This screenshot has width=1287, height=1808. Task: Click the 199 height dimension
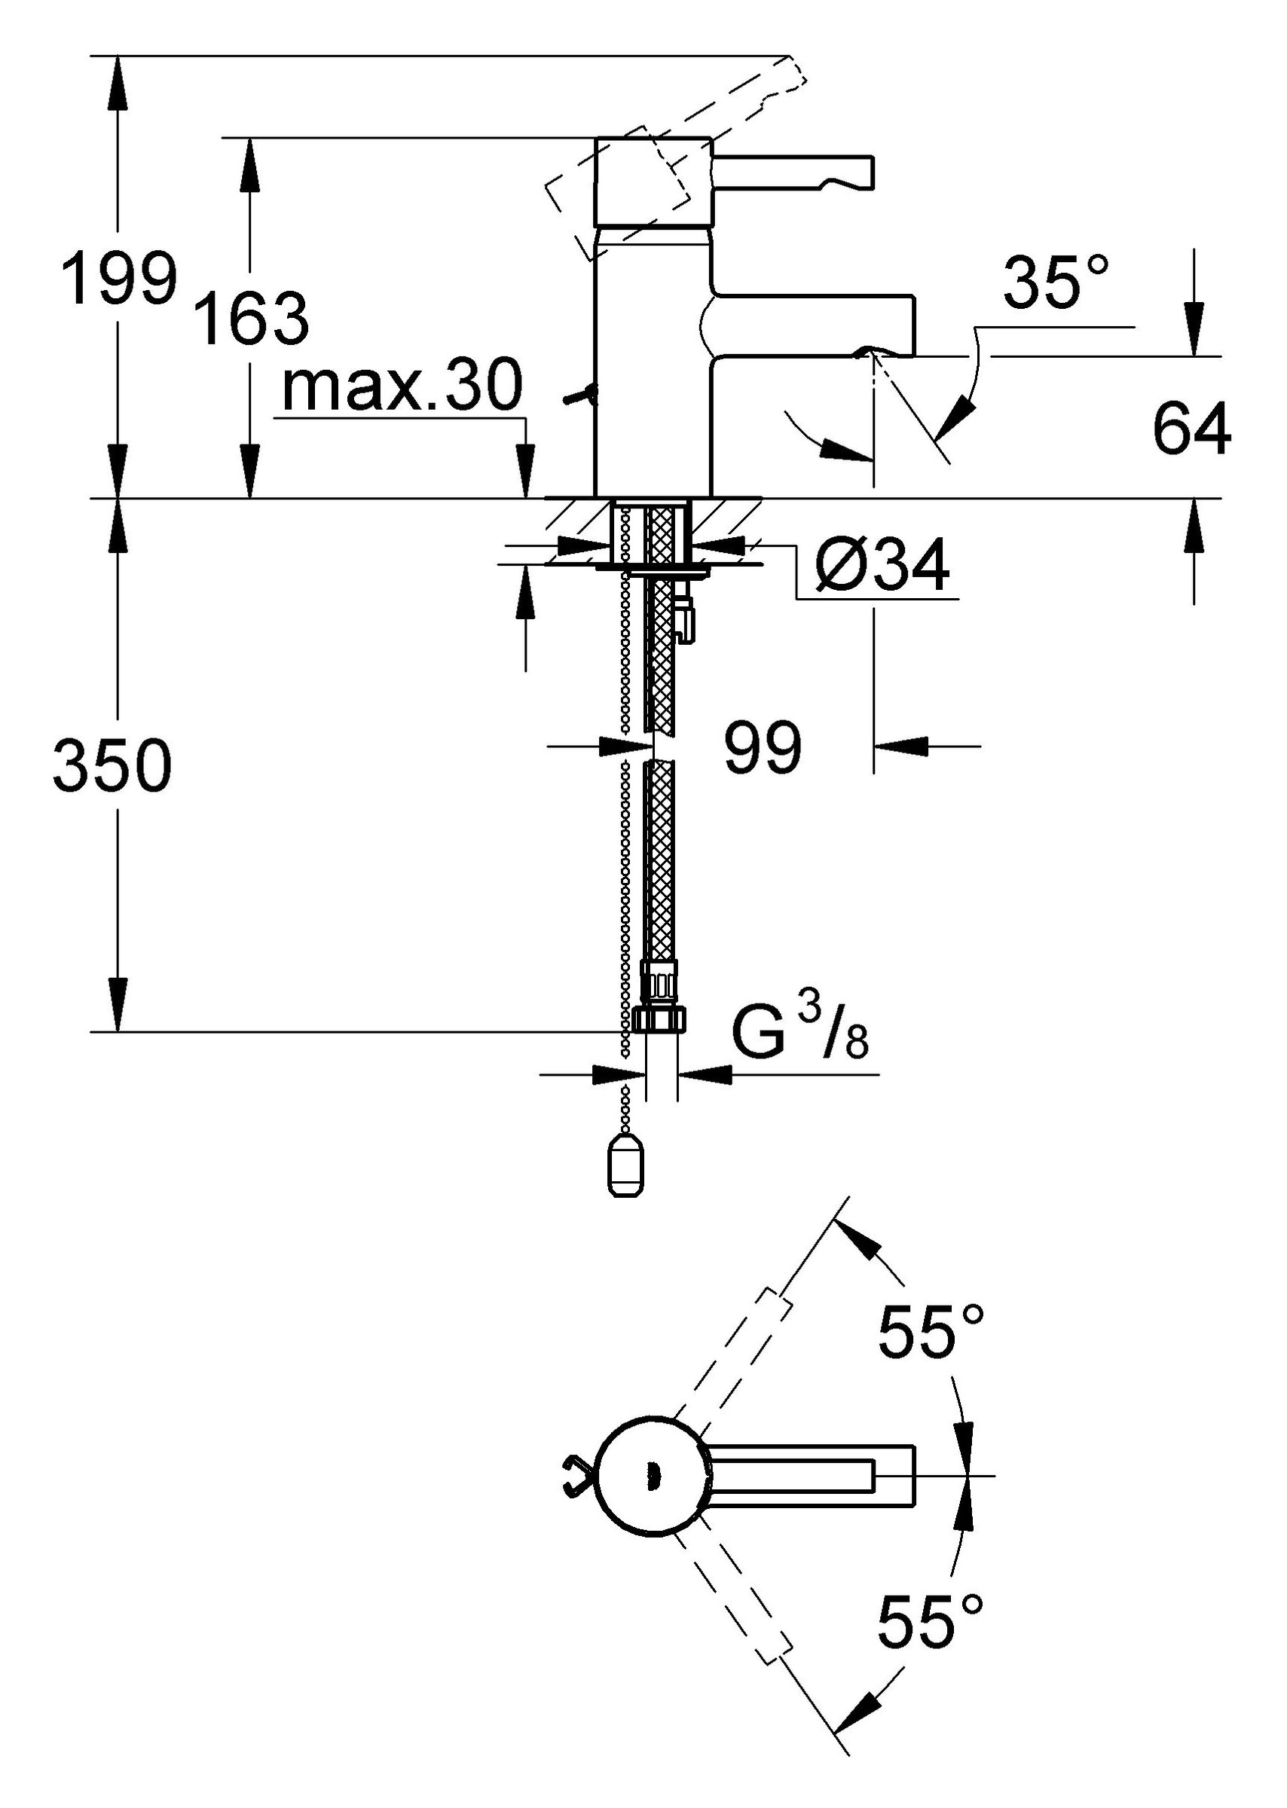point(120,277)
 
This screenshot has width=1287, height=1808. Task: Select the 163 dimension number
point(252,319)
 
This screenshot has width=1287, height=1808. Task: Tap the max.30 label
point(402,386)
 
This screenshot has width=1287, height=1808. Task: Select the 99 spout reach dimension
point(763,747)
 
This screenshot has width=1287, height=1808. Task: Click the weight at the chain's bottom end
point(626,1167)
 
